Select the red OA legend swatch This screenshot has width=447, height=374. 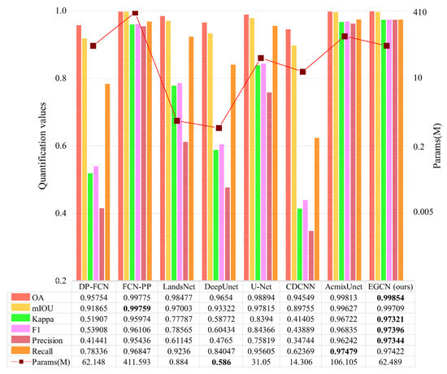tap(18, 298)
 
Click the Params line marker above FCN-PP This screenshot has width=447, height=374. tap(135, 14)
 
